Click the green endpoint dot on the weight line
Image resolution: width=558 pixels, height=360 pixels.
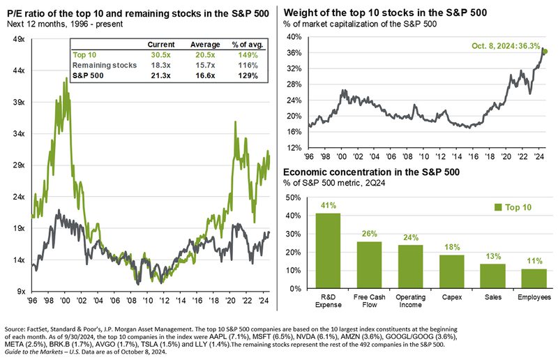tap(545, 51)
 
